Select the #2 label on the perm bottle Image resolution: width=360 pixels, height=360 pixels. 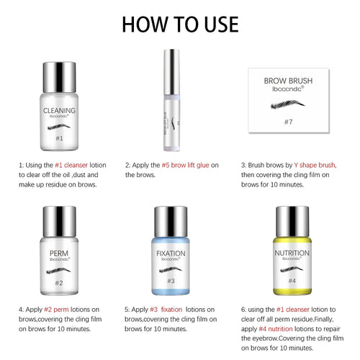pyautogui.click(x=60, y=283)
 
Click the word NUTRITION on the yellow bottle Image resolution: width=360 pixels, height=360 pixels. pyautogui.click(x=292, y=254)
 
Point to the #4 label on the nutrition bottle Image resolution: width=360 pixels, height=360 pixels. pyautogui.click(x=292, y=281)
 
